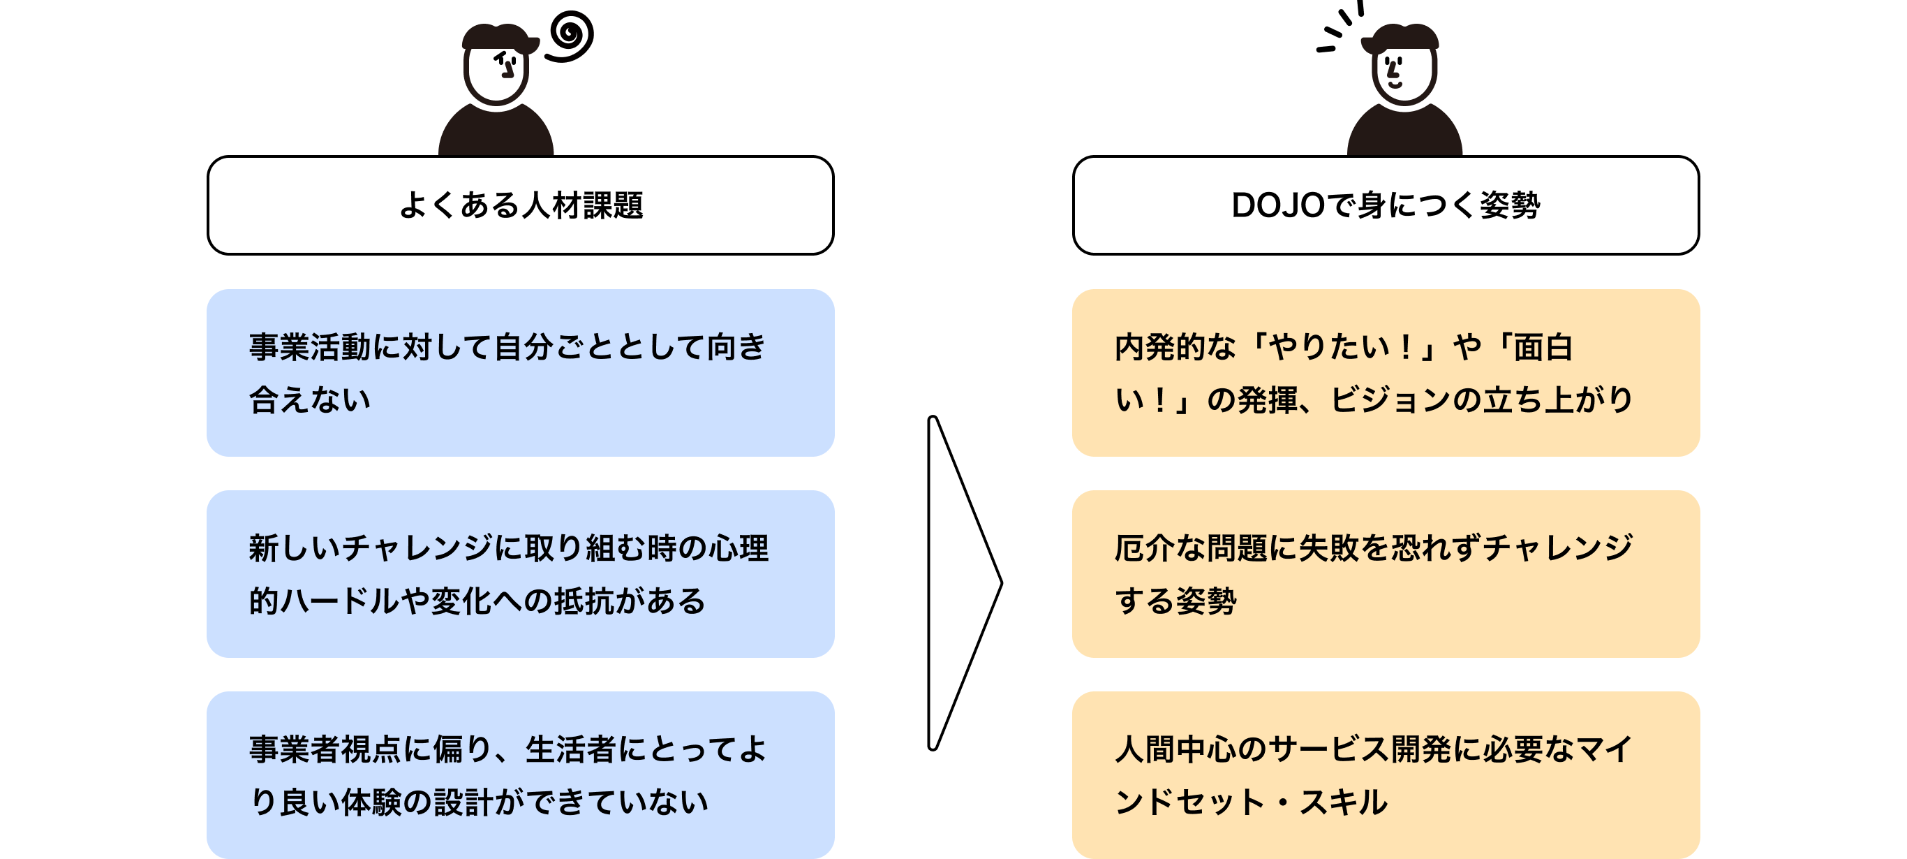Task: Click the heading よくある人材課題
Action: [x=521, y=205]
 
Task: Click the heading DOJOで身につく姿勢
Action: [x=1385, y=205]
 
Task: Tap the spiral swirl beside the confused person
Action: [x=572, y=35]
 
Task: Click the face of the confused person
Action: [x=497, y=74]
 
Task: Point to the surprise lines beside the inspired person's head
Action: [x=1338, y=29]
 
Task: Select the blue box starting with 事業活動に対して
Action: [x=521, y=372]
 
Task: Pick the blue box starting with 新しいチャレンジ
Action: [x=521, y=574]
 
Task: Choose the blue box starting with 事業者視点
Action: [x=521, y=774]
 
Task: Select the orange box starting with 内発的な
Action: [x=1385, y=372]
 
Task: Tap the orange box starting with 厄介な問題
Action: [x=1385, y=574]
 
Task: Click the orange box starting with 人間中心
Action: [x=1385, y=774]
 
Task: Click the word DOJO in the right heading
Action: [x=1277, y=205]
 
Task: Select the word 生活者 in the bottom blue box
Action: [x=570, y=749]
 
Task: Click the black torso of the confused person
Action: [x=496, y=133]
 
